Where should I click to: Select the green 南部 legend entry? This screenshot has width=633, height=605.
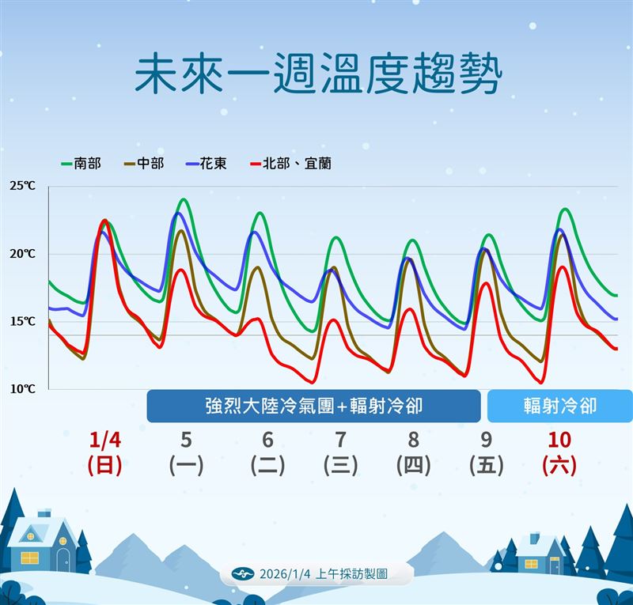pyautogui.click(x=81, y=164)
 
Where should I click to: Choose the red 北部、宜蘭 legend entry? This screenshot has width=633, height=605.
pyautogui.click(x=290, y=164)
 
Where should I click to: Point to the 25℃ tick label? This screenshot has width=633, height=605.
pyautogui.click(x=23, y=186)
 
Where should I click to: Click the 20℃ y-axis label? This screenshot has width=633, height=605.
pyautogui.click(x=23, y=254)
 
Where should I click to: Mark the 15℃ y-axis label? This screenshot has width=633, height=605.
pyautogui.click(x=23, y=322)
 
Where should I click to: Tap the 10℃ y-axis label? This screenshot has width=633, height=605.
pyautogui.click(x=23, y=389)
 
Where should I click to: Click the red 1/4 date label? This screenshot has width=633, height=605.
pyautogui.click(x=105, y=440)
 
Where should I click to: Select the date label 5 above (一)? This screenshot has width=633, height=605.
pyautogui.click(x=187, y=440)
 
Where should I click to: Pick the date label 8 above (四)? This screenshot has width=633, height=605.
pyautogui.click(x=413, y=440)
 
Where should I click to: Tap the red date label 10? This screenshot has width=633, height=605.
pyautogui.click(x=559, y=440)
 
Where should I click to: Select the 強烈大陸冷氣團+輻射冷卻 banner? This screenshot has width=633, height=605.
pyautogui.click(x=313, y=406)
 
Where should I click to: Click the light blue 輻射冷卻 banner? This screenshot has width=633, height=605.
pyautogui.click(x=559, y=406)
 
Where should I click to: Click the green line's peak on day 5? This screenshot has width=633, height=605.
pyautogui.click(x=184, y=199)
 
